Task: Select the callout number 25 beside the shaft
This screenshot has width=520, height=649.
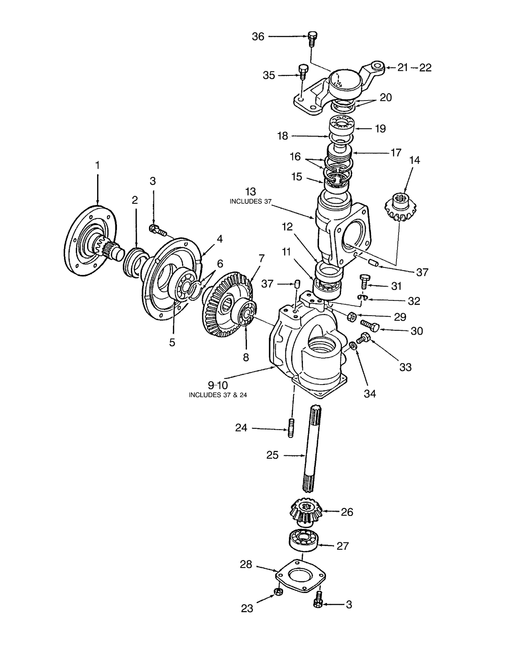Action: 273,456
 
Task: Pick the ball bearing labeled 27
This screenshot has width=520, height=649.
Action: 304,540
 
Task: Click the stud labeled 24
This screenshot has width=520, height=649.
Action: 290,429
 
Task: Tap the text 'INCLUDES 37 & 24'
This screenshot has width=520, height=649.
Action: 218,395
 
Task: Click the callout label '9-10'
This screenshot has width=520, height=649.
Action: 218,385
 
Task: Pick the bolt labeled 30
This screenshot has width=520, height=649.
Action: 370,325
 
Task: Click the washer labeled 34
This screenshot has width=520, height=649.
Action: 354,345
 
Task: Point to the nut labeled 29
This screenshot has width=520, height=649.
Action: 352,317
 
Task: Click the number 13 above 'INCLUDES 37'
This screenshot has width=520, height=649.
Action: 250,192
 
